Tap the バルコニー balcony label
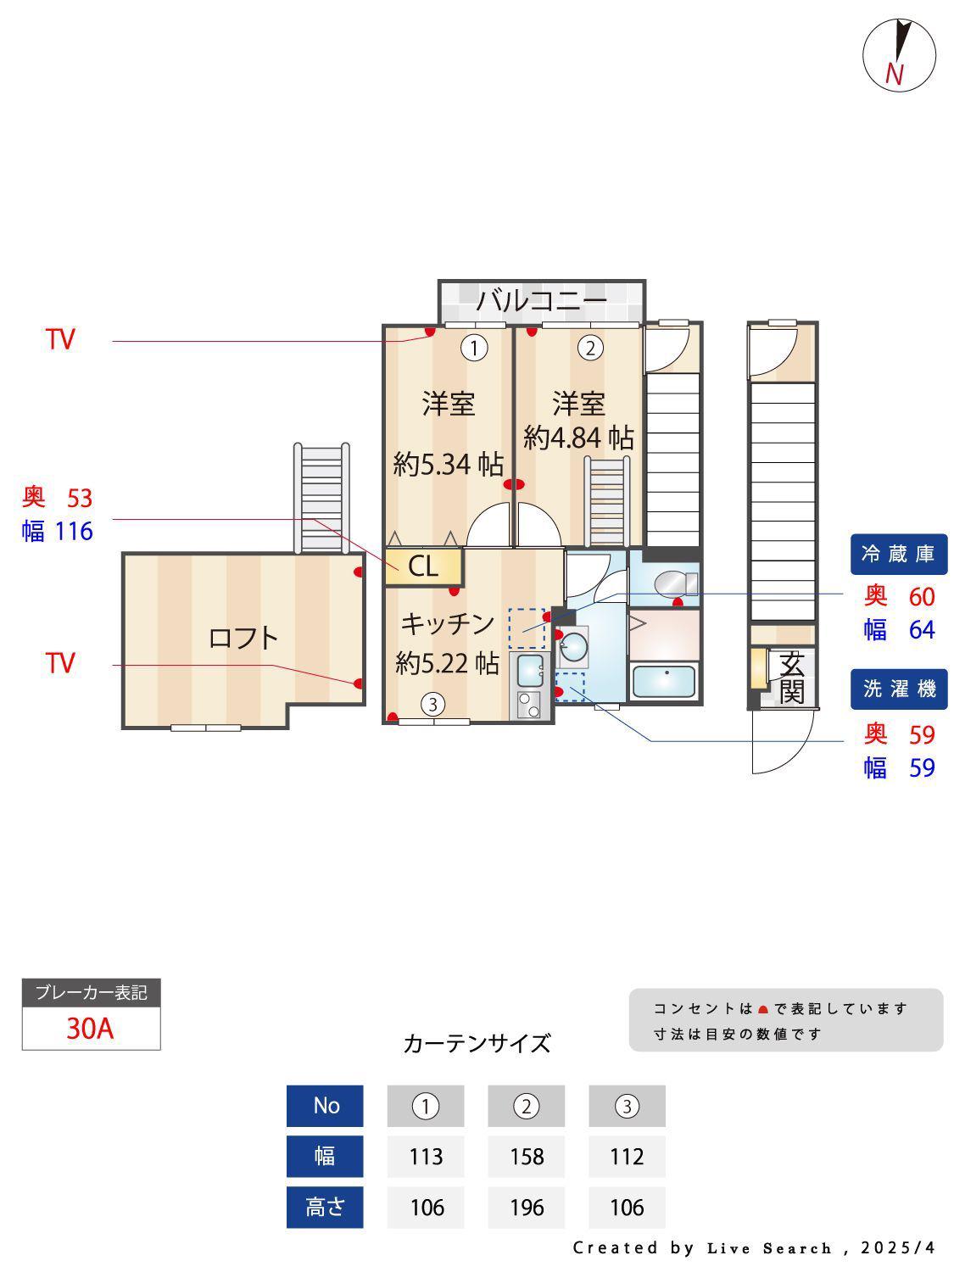point(541,301)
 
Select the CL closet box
point(424,566)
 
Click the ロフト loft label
point(243,638)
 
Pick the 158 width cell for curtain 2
point(526,1156)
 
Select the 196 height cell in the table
point(526,1207)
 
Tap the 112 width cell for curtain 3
point(627,1156)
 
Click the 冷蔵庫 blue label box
point(898,554)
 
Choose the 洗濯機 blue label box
point(898,689)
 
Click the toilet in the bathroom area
point(675,583)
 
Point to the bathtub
point(663,682)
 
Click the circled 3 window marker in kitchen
point(432,704)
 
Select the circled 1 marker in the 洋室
point(474,349)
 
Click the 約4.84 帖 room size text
point(578,438)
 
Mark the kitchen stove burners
point(528,704)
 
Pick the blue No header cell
point(325,1106)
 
